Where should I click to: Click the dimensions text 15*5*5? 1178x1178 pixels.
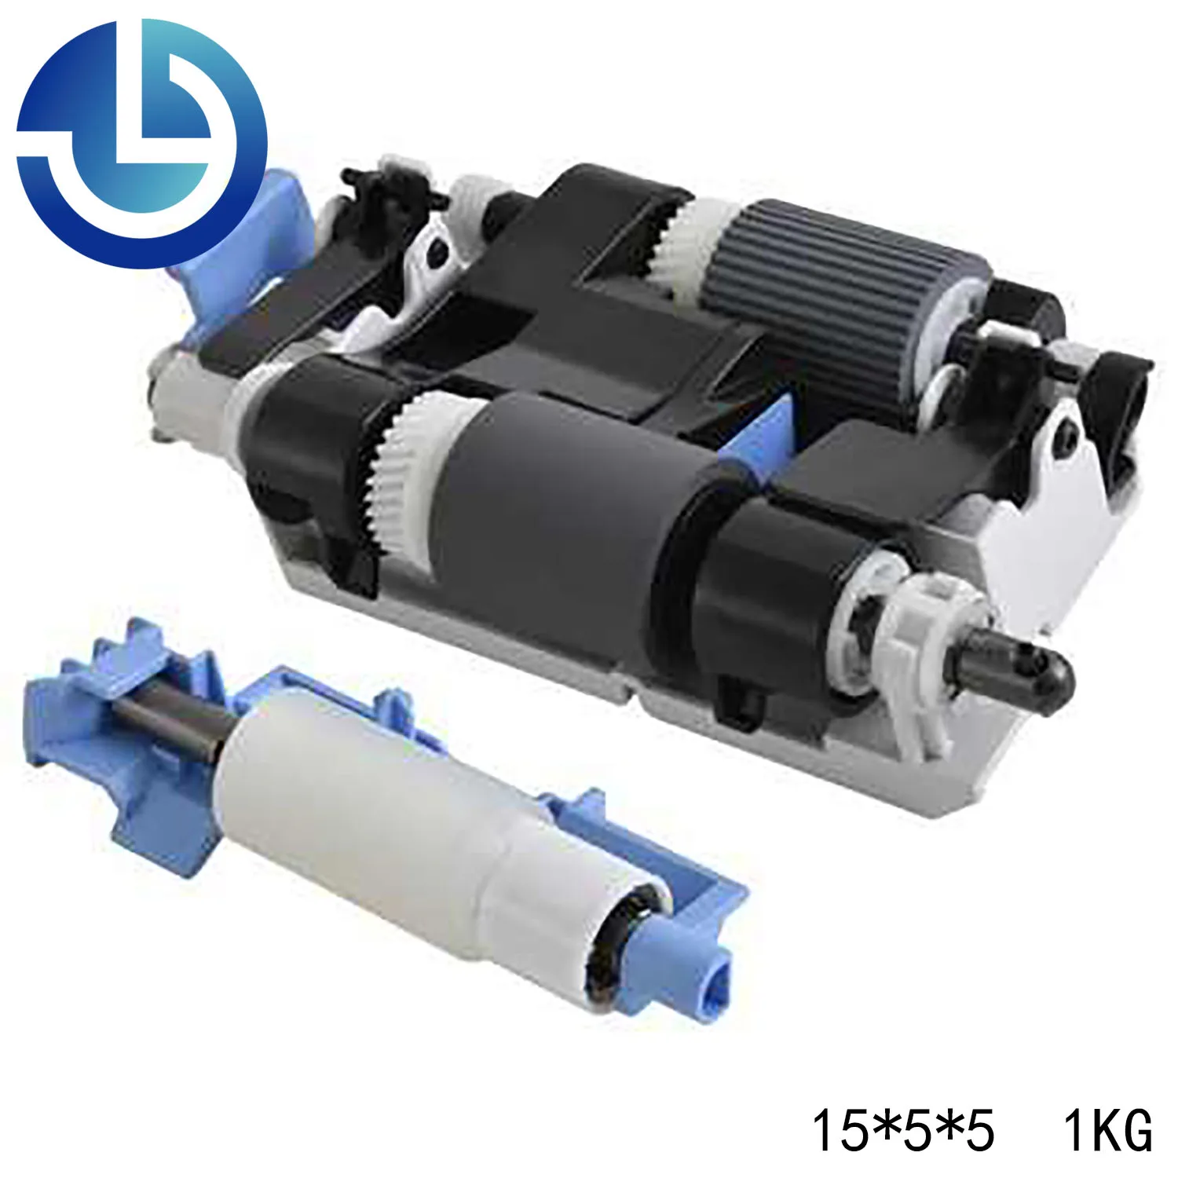click(902, 1131)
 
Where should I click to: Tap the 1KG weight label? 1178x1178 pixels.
click(1108, 1131)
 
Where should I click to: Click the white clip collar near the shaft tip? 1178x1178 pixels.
click(935, 628)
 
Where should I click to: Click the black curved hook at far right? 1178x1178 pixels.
click(1123, 393)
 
